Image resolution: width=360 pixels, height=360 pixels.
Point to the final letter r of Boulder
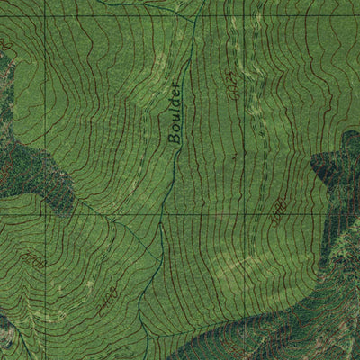(175, 86)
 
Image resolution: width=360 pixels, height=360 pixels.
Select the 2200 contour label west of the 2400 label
(34, 262)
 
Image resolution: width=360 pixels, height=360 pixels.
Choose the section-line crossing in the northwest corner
(42, 15)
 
